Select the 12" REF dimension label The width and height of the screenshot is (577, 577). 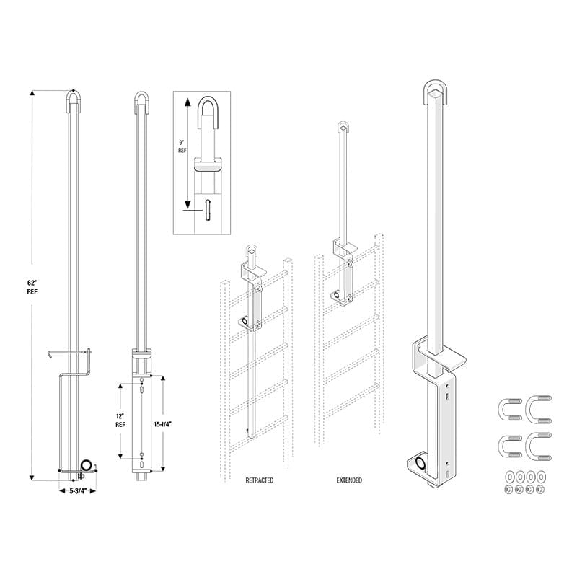(x=120, y=420)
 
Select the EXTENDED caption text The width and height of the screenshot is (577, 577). (x=349, y=480)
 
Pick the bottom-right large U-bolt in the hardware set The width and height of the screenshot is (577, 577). (x=538, y=444)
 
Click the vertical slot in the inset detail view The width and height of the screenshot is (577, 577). (x=208, y=211)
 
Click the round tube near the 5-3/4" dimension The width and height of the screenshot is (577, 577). (x=87, y=465)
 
